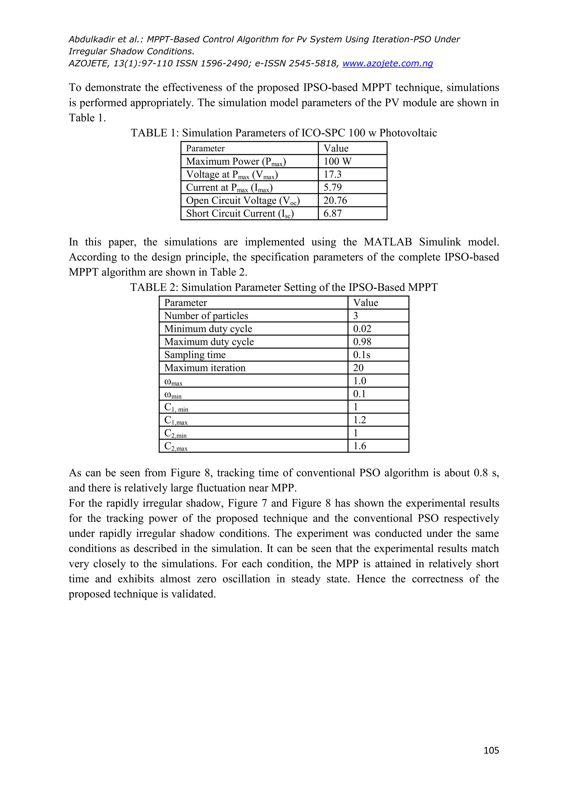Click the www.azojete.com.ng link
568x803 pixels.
pyautogui.click(x=387, y=63)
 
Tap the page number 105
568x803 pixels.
pyautogui.click(x=491, y=750)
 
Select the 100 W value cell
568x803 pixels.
pyautogui.click(x=337, y=161)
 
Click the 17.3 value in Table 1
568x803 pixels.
pyautogui.click(x=332, y=174)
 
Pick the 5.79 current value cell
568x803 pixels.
pyautogui.click(x=332, y=187)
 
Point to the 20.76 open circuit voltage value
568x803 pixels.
pyautogui.click(x=335, y=200)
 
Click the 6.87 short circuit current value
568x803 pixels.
pyautogui.click(x=332, y=213)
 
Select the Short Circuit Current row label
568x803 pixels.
pyautogui.click(x=240, y=213)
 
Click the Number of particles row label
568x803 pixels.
pyautogui.click(x=206, y=316)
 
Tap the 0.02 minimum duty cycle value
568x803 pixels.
pyautogui.click(x=362, y=329)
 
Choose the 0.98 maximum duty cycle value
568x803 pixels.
pyautogui.click(x=362, y=342)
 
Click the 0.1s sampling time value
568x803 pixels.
pyautogui.click(x=361, y=355)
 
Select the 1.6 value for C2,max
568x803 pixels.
pyautogui.click(x=359, y=446)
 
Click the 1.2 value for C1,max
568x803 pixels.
pyautogui.click(x=359, y=420)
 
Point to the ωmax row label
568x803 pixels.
pyautogui.click(x=173, y=382)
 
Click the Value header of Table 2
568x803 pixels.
pyautogui.click(x=366, y=303)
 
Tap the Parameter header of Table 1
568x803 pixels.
pyautogui.click(x=205, y=148)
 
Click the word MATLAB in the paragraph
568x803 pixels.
pyautogui.click(x=387, y=242)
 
